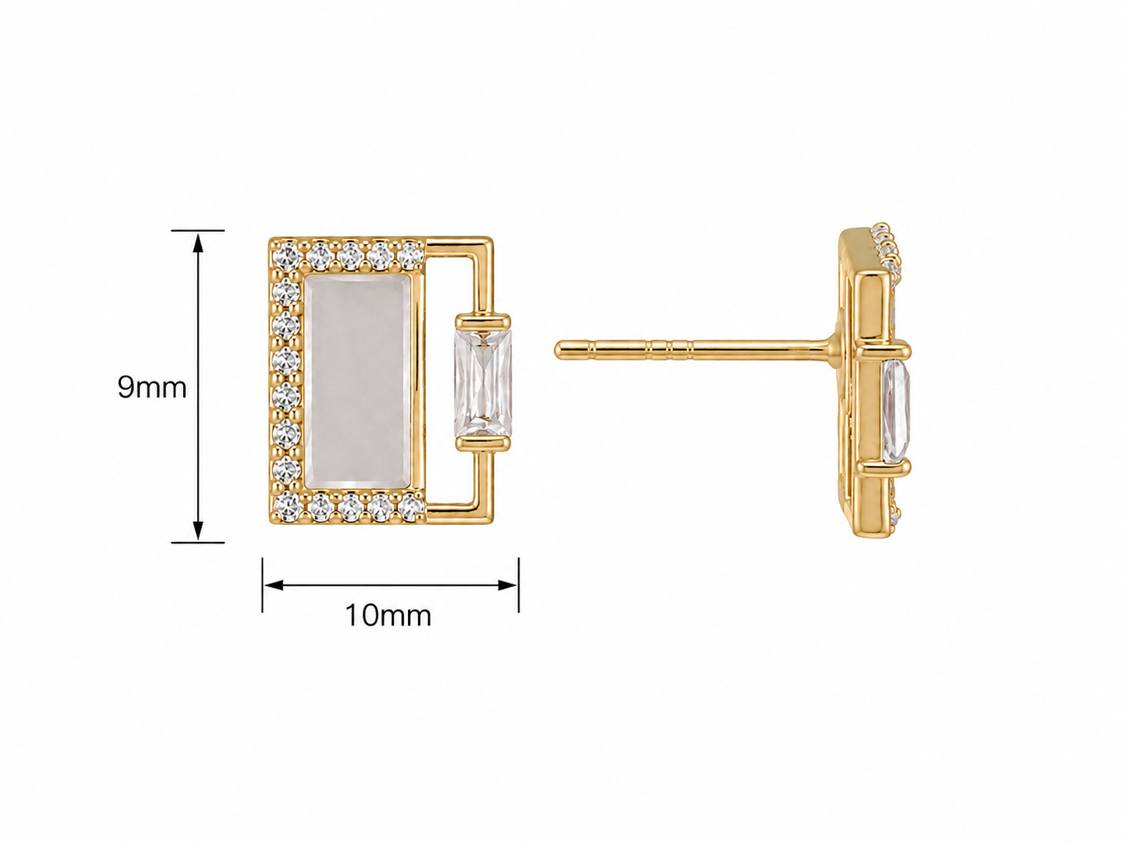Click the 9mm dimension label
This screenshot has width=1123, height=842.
[152, 388]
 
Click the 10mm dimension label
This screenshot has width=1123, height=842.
[389, 616]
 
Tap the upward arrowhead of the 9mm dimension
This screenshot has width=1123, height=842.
[198, 243]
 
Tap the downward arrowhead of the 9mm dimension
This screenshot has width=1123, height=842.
[198, 530]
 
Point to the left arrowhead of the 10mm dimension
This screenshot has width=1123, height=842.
[273, 585]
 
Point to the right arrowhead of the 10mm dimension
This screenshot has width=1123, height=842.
[508, 585]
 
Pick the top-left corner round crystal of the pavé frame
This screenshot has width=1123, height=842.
[286, 254]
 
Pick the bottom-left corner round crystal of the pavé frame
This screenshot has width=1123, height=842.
[286, 505]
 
